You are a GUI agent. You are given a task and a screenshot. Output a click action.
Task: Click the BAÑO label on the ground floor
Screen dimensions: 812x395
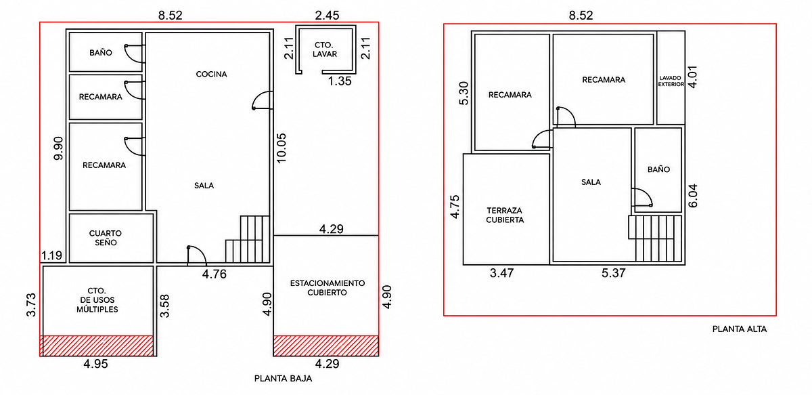(100, 52)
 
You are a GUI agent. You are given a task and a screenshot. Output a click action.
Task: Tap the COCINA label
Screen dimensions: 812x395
(211, 74)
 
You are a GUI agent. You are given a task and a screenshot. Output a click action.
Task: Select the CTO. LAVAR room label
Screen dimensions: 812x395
(325, 49)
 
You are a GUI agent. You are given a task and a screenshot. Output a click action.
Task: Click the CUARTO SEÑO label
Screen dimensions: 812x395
(106, 238)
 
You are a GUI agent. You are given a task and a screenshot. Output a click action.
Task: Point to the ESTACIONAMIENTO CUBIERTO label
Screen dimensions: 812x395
(328, 287)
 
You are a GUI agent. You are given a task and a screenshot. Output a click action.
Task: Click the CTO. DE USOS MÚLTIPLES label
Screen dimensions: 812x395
(97, 300)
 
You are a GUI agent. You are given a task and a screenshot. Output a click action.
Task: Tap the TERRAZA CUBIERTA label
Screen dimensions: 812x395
(505, 215)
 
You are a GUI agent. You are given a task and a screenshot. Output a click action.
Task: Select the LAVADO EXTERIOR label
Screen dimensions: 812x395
(671, 81)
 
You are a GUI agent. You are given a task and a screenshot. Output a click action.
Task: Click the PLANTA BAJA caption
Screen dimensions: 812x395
(283, 378)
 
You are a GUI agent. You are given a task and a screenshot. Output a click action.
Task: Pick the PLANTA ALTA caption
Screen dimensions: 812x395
(740, 329)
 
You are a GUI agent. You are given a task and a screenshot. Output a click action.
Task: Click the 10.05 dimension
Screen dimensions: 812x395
(281, 148)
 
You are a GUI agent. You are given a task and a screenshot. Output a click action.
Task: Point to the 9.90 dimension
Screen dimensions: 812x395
(58, 148)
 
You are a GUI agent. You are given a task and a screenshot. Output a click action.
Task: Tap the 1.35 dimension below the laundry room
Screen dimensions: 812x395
(340, 81)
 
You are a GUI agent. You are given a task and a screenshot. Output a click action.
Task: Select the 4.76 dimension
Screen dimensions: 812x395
(215, 274)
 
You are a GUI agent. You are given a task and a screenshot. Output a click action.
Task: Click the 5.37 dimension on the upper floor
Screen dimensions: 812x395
(613, 273)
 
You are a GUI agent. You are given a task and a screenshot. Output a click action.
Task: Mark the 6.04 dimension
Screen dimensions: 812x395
(692, 196)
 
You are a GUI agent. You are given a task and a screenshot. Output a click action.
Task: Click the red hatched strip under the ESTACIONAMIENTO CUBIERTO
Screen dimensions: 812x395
(326, 346)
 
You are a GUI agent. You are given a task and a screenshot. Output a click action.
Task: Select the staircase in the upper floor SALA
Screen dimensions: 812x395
(656, 238)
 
